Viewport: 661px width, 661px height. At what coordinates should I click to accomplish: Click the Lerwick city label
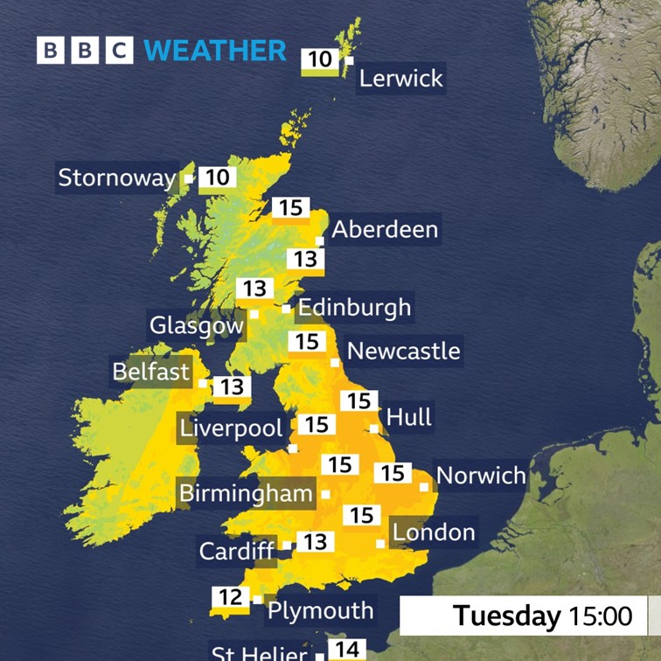coord(401,79)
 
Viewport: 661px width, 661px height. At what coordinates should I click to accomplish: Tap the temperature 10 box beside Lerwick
coord(321,59)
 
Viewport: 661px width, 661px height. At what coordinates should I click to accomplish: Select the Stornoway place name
coord(116,178)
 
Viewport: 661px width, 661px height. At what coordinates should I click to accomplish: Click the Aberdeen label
coord(385,230)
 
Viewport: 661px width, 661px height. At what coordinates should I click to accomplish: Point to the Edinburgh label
coord(354,308)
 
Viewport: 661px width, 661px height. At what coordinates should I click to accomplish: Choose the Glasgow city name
coord(196,326)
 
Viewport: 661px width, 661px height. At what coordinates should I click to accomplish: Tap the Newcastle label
coord(403,351)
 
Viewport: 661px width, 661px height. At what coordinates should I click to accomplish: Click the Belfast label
coord(150,372)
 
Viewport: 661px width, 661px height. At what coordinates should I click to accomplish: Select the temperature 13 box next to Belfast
coord(231,386)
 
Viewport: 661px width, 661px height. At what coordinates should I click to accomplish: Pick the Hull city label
coord(409,417)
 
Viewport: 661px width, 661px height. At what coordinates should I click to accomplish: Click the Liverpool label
coord(231,428)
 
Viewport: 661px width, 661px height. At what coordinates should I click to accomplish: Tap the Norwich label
coord(481,477)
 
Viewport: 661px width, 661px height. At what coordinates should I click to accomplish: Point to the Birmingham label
coord(245,493)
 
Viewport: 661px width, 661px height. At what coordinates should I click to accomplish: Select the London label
coord(434,532)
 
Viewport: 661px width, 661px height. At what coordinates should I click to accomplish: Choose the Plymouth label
coord(320,610)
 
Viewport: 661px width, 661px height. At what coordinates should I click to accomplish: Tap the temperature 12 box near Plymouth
coord(230,598)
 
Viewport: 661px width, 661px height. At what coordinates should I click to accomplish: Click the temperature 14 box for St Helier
coord(348,650)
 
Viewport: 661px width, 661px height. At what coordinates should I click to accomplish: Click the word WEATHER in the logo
coord(215,50)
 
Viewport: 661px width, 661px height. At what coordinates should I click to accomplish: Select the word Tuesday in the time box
coord(507,616)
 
